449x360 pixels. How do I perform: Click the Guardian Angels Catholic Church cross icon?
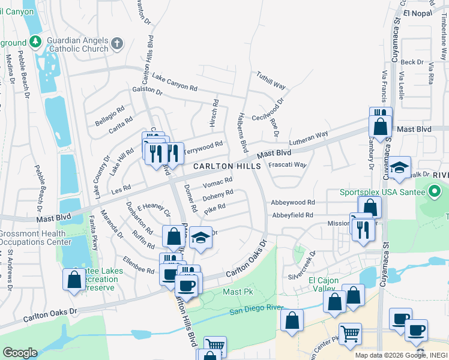point(116,44)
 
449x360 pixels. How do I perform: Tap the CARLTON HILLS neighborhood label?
point(225,166)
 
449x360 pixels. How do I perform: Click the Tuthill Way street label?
point(271,80)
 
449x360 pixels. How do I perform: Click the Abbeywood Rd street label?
point(292,203)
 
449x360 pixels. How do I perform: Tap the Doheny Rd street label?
point(218,196)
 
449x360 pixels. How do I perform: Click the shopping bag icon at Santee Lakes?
point(74,279)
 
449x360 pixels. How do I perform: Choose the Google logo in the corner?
point(20,353)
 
